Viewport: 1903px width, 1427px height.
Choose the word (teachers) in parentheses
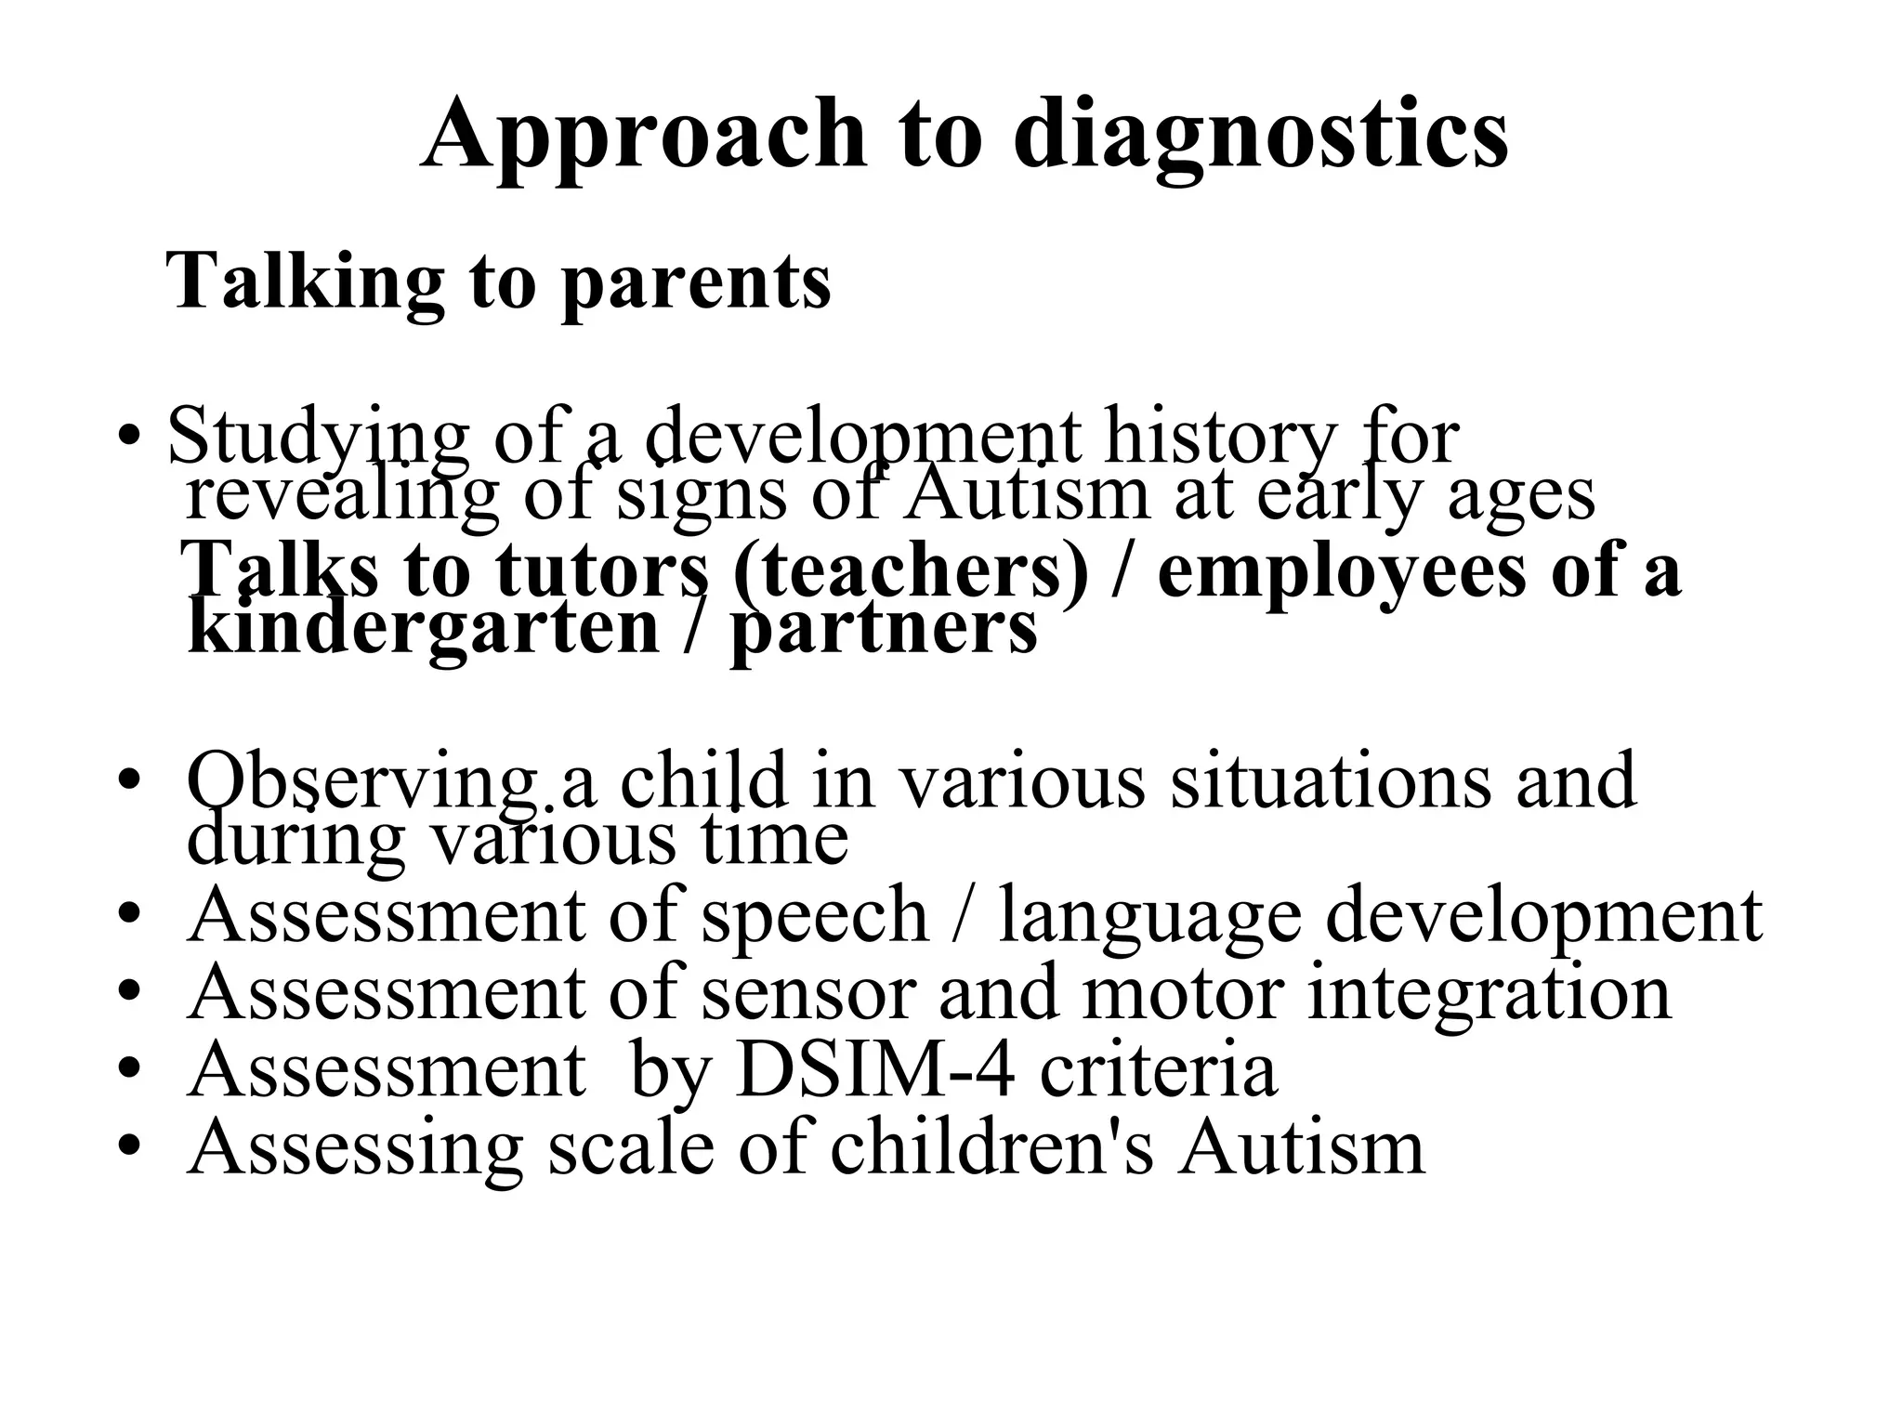click(x=910, y=569)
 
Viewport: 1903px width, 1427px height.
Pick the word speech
click(x=814, y=917)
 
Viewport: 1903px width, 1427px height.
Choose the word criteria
click(x=1158, y=1070)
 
